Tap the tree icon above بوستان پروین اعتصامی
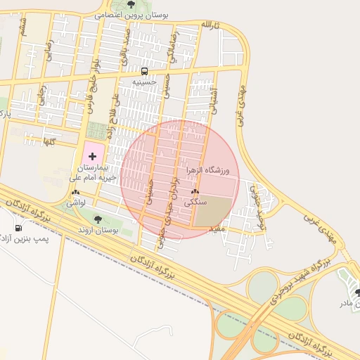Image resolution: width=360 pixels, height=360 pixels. click(131, 4)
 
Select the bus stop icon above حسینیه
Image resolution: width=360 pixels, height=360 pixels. click(144, 71)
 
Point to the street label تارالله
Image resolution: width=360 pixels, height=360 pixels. click(210, 25)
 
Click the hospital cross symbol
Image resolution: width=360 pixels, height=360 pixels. click(93, 155)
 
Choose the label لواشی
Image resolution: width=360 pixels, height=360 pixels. click(75, 202)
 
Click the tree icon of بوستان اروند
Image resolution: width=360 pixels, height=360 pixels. click(98, 219)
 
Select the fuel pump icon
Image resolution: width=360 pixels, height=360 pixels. click(18, 228)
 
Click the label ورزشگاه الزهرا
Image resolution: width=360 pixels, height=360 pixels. click(209, 170)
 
